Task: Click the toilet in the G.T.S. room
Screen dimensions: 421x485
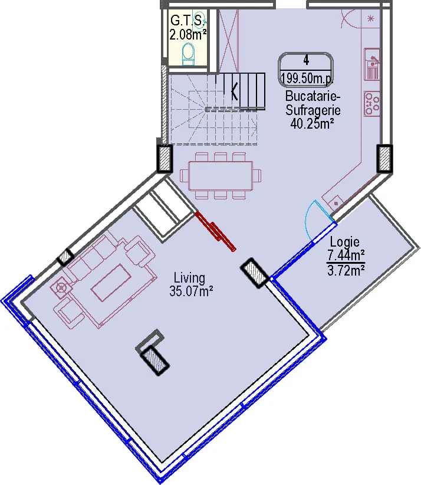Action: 188,54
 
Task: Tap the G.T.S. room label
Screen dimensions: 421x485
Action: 188,21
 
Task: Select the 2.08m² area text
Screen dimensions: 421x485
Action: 188,34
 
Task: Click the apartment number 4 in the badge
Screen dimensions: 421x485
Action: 306,60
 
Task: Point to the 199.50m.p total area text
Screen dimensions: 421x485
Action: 306,78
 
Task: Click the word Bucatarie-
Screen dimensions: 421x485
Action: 313,96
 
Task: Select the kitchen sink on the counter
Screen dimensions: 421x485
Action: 372,63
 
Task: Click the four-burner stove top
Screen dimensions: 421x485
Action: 372,103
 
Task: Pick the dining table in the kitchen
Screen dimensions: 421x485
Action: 221,176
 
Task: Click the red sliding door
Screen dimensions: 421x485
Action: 216,231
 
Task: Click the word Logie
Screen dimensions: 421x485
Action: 345,241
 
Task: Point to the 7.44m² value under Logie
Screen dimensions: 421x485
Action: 346,256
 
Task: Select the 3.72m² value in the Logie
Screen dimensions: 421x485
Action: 346,271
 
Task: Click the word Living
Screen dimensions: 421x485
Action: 189,278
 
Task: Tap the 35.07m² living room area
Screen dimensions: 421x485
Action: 191,291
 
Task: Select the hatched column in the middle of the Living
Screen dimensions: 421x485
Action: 154,361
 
